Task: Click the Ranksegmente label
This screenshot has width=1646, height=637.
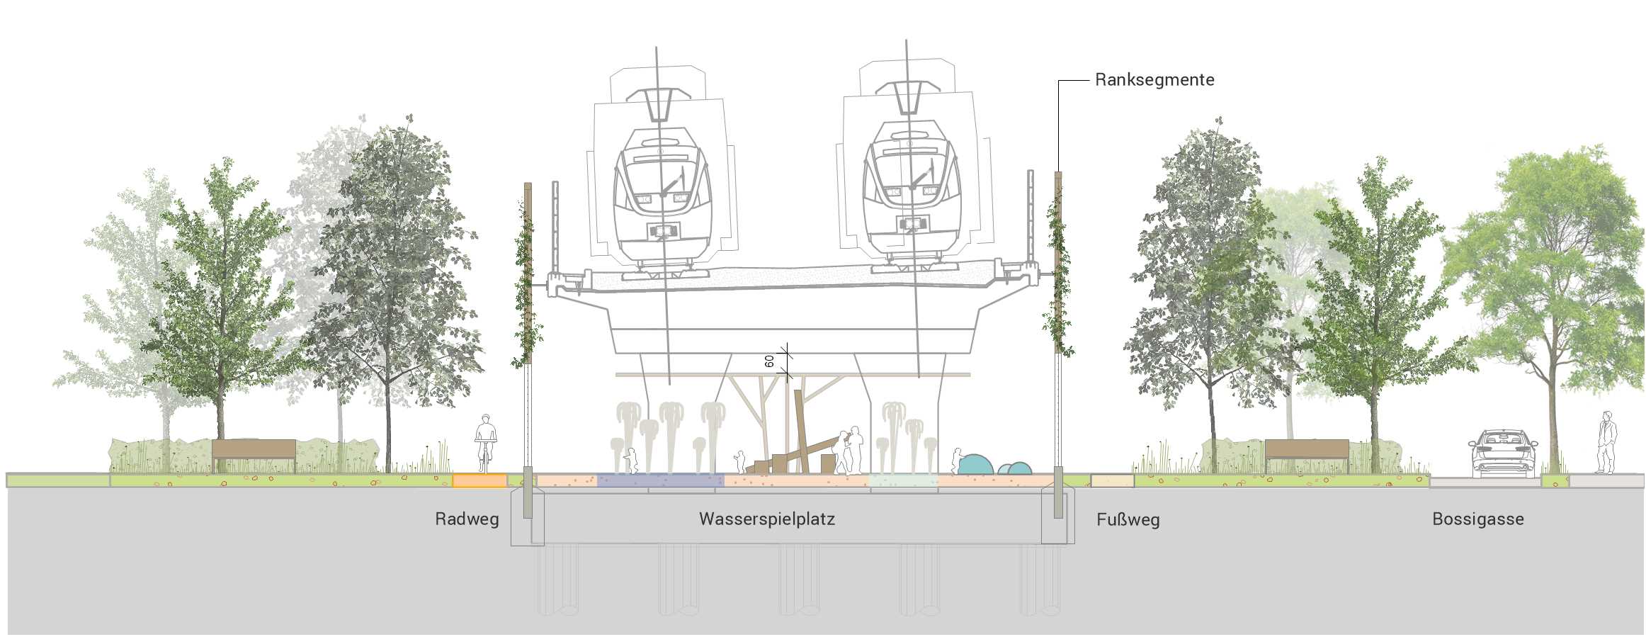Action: pos(1154,80)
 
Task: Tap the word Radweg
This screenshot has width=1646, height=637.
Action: pos(467,519)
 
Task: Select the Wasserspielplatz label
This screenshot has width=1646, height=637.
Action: pos(767,519)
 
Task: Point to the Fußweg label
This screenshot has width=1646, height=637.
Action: pos(1128,520)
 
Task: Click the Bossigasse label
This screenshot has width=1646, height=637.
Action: pos(1477,519)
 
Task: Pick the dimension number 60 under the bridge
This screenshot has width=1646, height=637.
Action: pos(770,361)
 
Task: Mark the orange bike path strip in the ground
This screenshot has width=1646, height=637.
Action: pos(479,481)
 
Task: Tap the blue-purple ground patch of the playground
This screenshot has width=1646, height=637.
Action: pos(660,480)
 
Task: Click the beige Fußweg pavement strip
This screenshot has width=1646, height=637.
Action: pos(1112,481)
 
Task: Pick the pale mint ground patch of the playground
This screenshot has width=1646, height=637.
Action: pos(903,480)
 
